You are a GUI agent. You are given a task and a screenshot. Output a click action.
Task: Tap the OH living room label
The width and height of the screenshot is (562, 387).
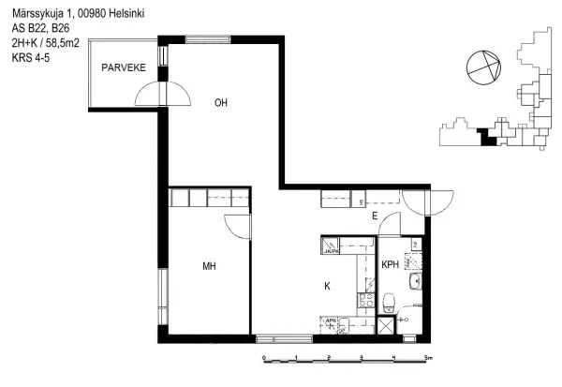click(x=221, y=103)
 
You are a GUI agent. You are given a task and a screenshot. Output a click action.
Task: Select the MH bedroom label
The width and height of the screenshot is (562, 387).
click(x=209, y=267)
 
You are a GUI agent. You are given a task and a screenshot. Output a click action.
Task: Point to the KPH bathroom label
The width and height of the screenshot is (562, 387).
click(x=391, y=265)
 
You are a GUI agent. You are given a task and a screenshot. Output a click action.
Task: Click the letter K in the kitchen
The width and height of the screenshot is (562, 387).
click(x=327, y=285)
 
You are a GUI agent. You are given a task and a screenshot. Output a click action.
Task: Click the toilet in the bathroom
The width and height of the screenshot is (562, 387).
click(x=389, y=300)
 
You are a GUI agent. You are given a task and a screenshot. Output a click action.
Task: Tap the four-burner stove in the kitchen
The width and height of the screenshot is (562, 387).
click(x=363, y=302)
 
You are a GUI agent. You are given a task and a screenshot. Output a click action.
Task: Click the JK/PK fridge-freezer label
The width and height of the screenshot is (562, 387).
click(x=329, y=250)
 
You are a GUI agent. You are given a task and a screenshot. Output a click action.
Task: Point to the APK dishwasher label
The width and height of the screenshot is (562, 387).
click(x=330, y=321)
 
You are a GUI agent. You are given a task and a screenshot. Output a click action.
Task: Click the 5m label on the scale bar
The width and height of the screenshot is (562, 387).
click(x=427, y=358)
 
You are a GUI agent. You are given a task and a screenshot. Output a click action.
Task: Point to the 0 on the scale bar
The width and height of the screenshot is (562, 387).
click(x=264, y=358)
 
